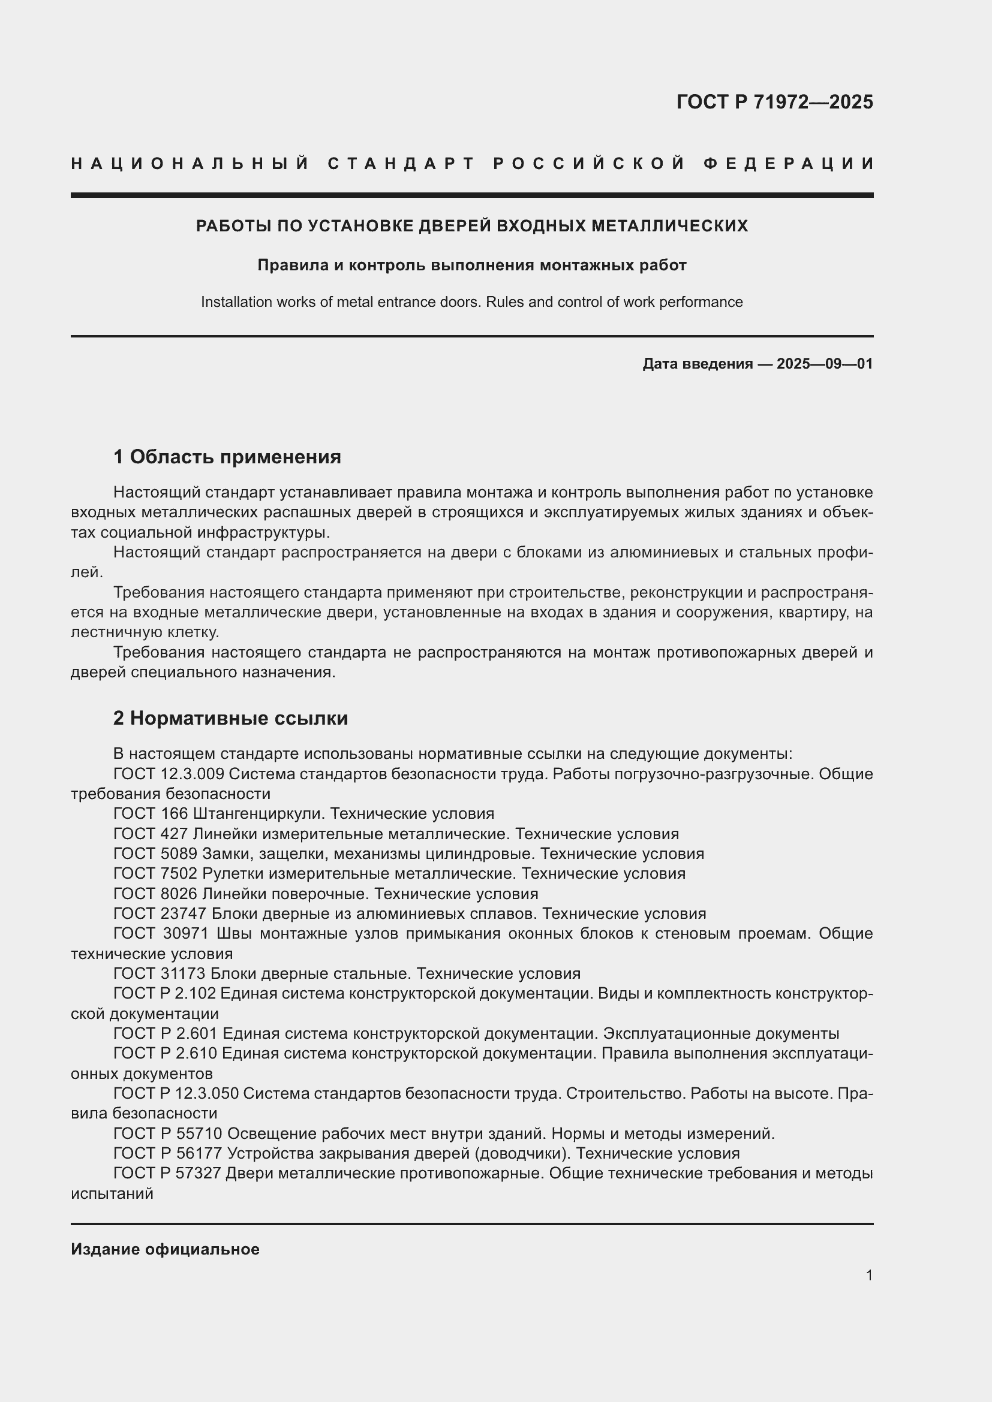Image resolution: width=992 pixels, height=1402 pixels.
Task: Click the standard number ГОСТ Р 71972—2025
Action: click(774, 102)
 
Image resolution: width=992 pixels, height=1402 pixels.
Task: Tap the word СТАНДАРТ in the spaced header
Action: click(401, 164)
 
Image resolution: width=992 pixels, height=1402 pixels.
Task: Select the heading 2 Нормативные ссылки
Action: click(230, 718)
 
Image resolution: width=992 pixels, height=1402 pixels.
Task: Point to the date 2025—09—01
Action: click(825, 364)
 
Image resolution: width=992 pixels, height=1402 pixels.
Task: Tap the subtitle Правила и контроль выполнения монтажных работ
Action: click(471, 265)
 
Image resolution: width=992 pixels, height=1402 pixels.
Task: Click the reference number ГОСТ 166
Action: click(151, 813)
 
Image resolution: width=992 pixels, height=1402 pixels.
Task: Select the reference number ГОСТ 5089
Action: click(155, 853)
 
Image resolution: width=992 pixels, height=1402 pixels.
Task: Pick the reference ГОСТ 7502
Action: click(155, 873)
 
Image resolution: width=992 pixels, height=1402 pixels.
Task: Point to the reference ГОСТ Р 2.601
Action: click(166, 1033)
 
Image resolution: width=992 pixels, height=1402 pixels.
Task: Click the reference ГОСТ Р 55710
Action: click(168, 1133)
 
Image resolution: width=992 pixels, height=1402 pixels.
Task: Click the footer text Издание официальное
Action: click(165, 1249)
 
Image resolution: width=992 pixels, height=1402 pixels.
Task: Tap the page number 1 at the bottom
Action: click(868, 1275)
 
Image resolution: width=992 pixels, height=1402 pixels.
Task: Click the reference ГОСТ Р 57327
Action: click(167, 1173)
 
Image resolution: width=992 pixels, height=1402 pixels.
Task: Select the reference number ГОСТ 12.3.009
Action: click(169, 774)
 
